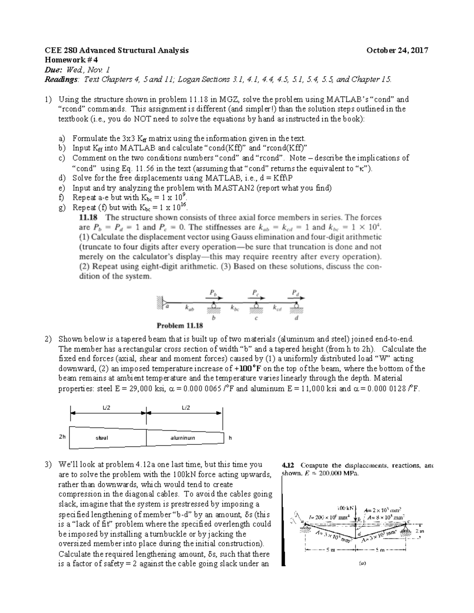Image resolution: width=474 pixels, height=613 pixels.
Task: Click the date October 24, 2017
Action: pos(397,50)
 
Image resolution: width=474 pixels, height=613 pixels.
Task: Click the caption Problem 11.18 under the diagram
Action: pos(180,326)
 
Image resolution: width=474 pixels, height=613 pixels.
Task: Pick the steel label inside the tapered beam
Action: pos(102,438)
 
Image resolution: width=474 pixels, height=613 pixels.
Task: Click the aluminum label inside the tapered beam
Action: pos(182,438)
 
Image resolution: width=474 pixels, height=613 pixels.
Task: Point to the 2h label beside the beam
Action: pos(62,437)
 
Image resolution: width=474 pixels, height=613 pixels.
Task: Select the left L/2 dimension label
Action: pos(106,408)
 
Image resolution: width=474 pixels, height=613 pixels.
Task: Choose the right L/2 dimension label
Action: pos(186,408)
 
